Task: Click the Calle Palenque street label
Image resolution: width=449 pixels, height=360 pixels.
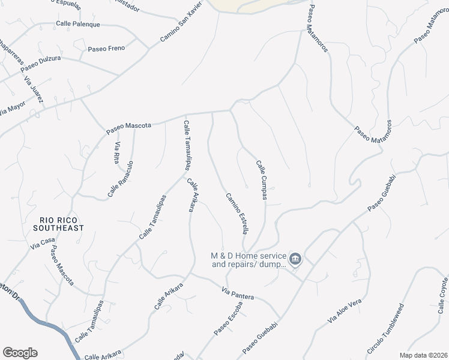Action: click(77, 25)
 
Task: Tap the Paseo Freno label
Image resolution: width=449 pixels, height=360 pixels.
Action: click(106, 49)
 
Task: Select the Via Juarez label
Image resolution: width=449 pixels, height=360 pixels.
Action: click(34, 91)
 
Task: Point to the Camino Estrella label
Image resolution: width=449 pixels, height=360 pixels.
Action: click(237, 213)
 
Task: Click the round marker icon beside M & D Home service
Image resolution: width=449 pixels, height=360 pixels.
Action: click(295, 259)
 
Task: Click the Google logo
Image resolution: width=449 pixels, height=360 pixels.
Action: click(20, 353)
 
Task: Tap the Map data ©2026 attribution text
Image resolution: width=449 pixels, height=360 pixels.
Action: click(423, 355)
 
